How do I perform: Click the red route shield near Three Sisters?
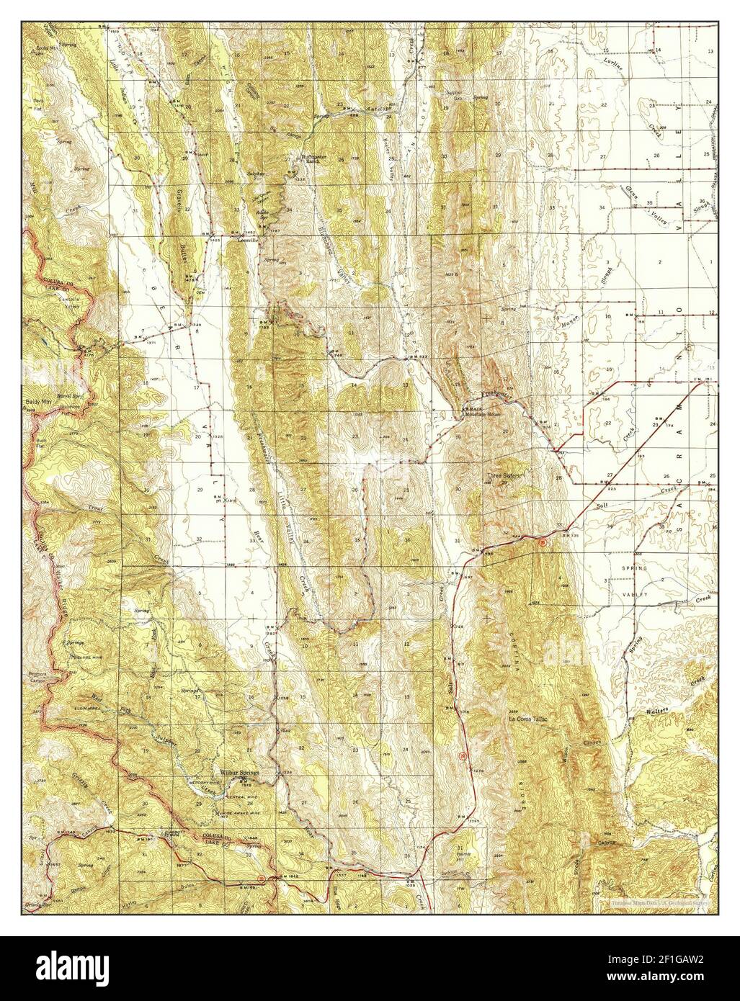(x=542, y=542)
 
